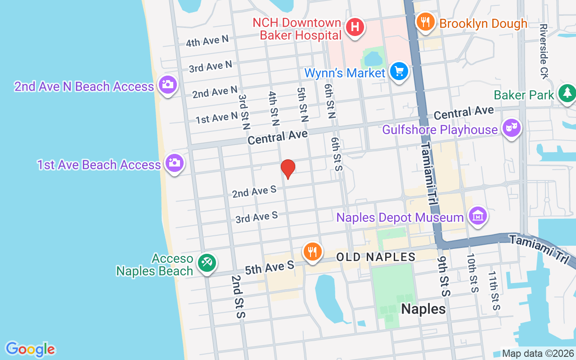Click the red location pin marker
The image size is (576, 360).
(288, 169)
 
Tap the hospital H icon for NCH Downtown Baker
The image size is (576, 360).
(355, 27)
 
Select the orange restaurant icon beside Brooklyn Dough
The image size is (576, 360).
(424, 21)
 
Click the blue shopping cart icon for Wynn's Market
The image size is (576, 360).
(399, 71)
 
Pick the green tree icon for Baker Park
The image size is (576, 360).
(567, 93)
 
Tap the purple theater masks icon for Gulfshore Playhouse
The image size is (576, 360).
(511, 128)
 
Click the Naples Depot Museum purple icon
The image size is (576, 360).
(478, 216)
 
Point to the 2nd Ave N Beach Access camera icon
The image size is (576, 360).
(168, 84)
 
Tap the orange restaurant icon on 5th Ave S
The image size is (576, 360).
(311, 251)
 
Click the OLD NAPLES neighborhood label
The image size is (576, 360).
(376, 257)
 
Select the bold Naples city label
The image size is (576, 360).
(423, 309)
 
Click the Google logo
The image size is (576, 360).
(30, 349)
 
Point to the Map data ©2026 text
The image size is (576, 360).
(538, 353)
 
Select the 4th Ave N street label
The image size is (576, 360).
(207, 41)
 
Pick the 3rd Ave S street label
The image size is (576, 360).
(256, 218)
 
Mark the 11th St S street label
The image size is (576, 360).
(494, 290)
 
